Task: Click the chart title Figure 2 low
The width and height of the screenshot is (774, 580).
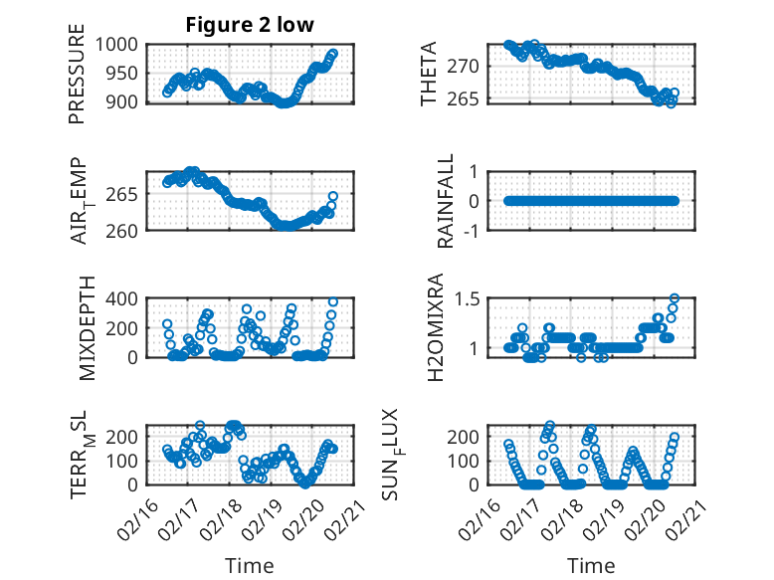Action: pyautogui.click(x=250, y=25)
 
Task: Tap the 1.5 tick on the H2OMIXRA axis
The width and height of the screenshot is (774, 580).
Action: pyautogui.click(x=468, y=299)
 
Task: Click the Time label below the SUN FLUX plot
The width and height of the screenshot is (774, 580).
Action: pyautogui.click(x=591, y=565)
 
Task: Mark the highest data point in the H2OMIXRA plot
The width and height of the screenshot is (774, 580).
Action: pyautogui.click(x=674, y=298)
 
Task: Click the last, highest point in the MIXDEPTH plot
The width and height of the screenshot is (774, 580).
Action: pyautogui.click(x=333, y=301)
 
